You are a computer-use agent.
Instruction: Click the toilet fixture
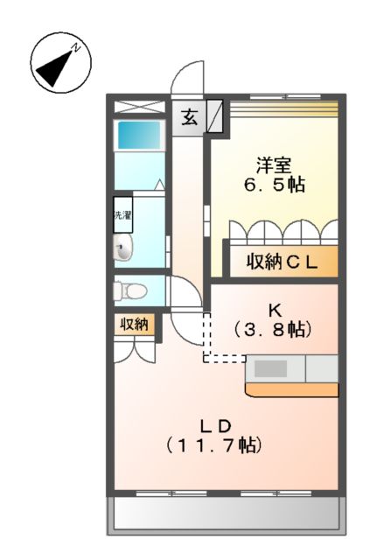130,290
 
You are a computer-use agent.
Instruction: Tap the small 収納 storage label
134,324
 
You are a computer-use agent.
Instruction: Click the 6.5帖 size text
273,185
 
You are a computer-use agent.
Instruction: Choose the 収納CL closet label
281,260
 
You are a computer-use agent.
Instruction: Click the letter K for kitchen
273,309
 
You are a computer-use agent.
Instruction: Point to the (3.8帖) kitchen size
273,330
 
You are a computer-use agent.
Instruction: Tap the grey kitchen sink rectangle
271,368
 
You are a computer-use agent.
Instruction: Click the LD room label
214,426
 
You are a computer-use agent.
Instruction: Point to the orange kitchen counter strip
292,389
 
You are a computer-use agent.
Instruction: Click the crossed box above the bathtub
139,107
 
